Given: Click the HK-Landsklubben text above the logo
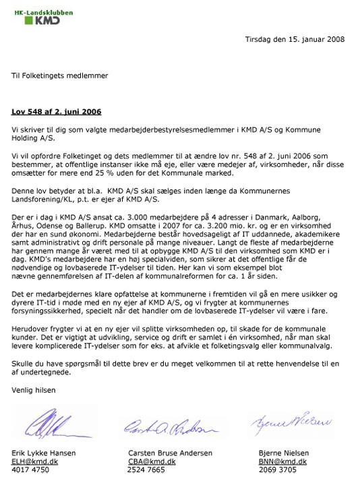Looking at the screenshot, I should coord(42,9).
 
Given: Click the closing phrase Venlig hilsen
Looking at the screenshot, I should coord(34,390).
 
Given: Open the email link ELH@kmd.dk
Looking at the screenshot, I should coord(33,463).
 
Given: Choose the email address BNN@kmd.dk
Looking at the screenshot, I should coord(282,463).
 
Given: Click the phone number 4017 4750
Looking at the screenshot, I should coord(30,471).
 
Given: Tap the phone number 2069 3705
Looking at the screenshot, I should coord(278,471).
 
